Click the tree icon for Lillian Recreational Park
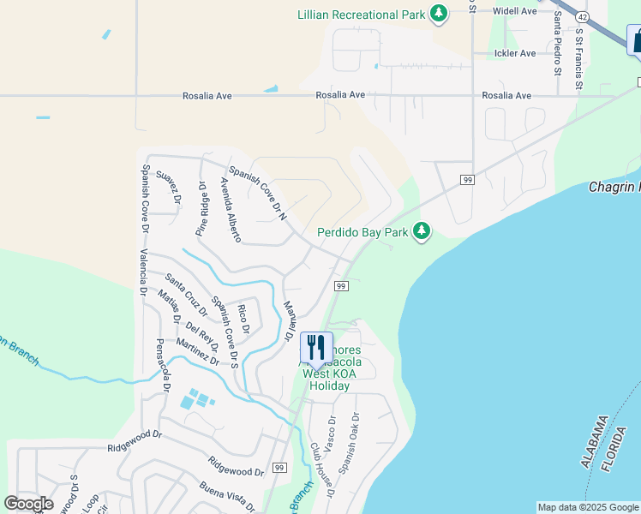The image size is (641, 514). pyautogui.click(x=439, y=14)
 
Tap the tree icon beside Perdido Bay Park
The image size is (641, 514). pyautogui.click(x=421, y=231)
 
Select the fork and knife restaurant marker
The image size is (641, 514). pyautogui.click(x=315, y=348)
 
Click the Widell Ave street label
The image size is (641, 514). pyautogui.click(x=514, y=11)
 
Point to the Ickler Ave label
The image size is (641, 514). pyautogui.click(x=515, y=53)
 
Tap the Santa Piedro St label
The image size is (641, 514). pyautogui.click(x=557, y=42)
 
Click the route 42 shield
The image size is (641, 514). pyautogui.click(x=582, y=16)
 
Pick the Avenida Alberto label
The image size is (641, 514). pyautogui.click(x=231, y=209)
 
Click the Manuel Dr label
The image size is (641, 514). pyautogui.click(x=290, y=322)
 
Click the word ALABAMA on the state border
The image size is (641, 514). pyautogui.click(x=592, y=441)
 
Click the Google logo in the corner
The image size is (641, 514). pyautogui.click(x=28, y=504)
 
